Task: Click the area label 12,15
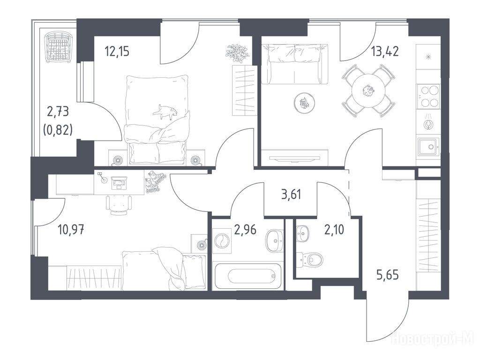tap(117, 51)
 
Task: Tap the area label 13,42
tap(385, 51)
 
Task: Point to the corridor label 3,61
tap(291, 195)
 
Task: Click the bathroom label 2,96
tap(245, 229)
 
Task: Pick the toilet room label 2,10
tap(334, 229)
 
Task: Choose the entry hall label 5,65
tap(388, 275)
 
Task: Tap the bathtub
tap(247, 276)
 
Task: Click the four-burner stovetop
tap(428, 96)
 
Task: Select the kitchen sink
tap(428, 147)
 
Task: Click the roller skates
tap(155, 182)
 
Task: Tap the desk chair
tap(119, 204)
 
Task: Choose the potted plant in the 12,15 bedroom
tap(236, 52)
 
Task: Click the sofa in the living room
tap(295, 64)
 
